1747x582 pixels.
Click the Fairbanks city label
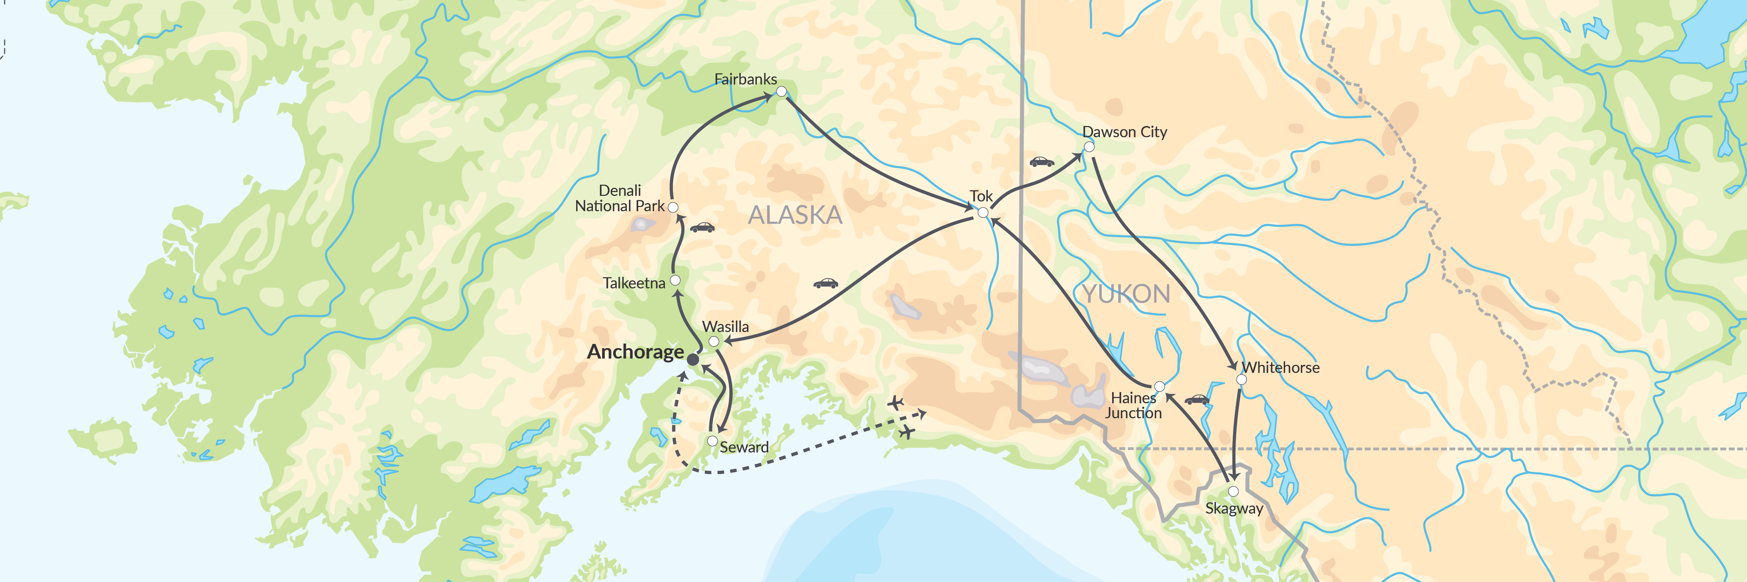pyautogui.click(x=745, y=79)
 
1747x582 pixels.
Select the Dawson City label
pyautogui.click(x=1124, y=132)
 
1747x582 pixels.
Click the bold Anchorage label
pyautogui.click(x=636, y=352)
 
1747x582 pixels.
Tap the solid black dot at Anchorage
pyautogui.click(x=693, y=360)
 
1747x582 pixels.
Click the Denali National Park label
pyautogui.click(x=620, y=199)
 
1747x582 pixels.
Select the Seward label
pyautogui.click(x=744, y=447)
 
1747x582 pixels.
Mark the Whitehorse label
pyautogui.click(x=1281, y=367)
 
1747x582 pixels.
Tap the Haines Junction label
pyautogui.click(x=1133, y=405)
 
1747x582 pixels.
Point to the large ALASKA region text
pyautogui.click(x=795, y=215)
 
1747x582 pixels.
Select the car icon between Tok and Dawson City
pyautogui.click(x=1042, y=162)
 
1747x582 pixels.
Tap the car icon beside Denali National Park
pyautogui.click(x=702, y=228)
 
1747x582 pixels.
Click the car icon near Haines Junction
pyautogui.click(x=1197, y=400)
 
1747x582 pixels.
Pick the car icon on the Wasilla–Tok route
pyautogui.click(x=825, y=283)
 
